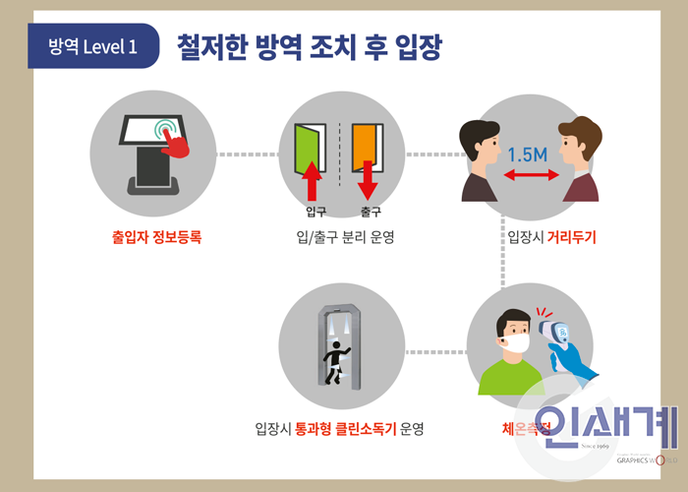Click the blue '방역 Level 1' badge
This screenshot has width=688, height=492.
(x=93, y=46)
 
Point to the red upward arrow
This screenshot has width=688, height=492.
(x=313, y=181)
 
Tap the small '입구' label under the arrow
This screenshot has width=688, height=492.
(x=315, y=212)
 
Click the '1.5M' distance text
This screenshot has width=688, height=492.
(x=528, y=154)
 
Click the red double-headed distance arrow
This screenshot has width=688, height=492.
(x=529, y=175)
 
